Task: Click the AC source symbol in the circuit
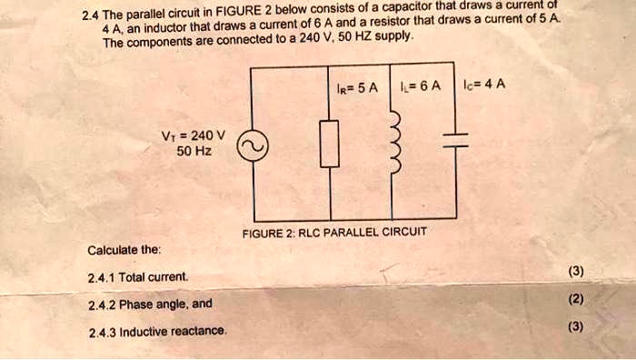pos(251,145)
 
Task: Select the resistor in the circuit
pos(328,145)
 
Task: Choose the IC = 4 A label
pos(485,87)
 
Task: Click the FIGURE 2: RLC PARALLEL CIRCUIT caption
pos(334,233)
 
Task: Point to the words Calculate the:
pos(124,250)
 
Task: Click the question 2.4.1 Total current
pos(139,275)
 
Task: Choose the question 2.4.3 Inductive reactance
pos(157,331)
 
